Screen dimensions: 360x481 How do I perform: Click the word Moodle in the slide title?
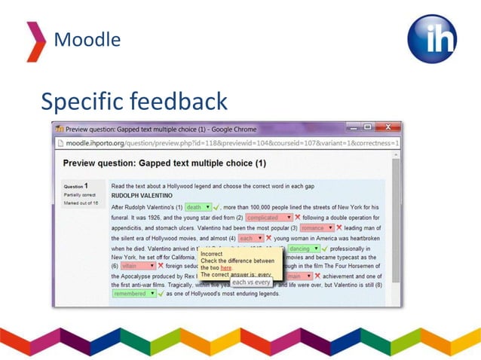pyautogui.click(x=87, y=39)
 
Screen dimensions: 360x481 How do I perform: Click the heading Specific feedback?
pyautogui.click(x=133, y=101)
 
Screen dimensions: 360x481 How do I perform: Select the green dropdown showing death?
pyautogui.click(x=198, y=207)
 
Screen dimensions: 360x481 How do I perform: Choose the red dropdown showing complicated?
pyautogui.click(x=268, y=218)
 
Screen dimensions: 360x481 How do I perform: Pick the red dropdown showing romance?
pyautogui.click(x=316, y=228)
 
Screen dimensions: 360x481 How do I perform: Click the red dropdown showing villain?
pyautogui.click(x=137, y=266)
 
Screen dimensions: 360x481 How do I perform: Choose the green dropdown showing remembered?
pyautogui.click(x=134, y=294)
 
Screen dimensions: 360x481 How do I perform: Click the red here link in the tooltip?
pyautogui.click(x=226, y=268)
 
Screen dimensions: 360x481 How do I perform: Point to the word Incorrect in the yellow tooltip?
pyautogui.click(x=213, y=255)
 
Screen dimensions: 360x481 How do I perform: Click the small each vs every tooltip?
pyautogui.click(x=250, y=282)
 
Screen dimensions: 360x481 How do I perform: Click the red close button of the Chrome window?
pyautogui.click(x=388, y=128)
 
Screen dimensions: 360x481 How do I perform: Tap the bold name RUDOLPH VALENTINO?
pyautogui.click(x=142, y=196)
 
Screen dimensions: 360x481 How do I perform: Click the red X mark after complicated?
pyautogui.click(x=298, y=218)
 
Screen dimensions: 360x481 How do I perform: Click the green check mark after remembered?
pyautogui.click(x=161, y=294)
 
